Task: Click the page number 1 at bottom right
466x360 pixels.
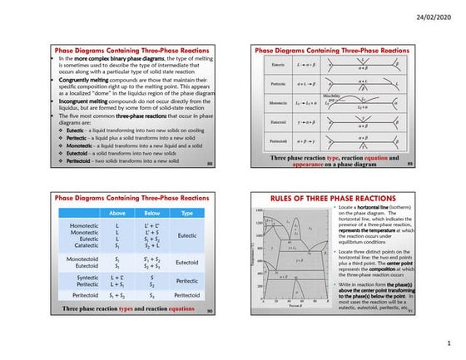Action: pyautogui.click(x=447, y=342)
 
